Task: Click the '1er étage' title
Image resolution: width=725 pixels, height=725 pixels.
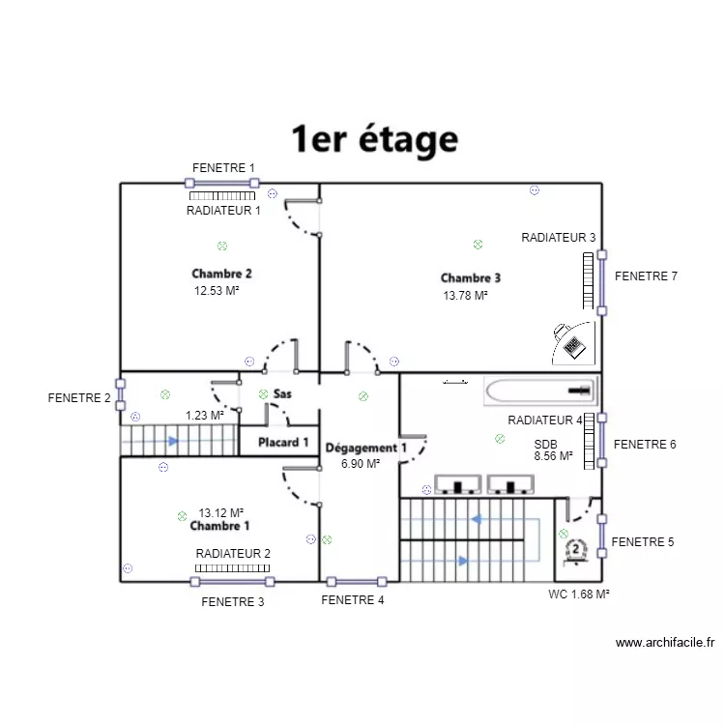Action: [x=374, y=138]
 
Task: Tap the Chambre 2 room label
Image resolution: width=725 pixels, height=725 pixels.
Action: [x=222, y=274]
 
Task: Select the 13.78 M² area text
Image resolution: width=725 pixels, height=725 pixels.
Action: [x=465, y=296]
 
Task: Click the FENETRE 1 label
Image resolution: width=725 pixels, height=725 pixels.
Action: [x=223, y=168]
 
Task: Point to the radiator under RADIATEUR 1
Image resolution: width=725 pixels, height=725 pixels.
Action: [x=222, y=196]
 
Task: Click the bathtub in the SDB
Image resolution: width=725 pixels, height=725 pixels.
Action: [x=540, y=391]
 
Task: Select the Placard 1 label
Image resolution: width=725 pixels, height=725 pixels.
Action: [x=283, y=443]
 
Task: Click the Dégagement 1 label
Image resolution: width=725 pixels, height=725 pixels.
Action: [x=365, y=448]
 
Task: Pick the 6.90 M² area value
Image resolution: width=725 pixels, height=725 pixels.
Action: [x=361, y=464]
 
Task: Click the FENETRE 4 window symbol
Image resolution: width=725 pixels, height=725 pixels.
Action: [x=357, y=582]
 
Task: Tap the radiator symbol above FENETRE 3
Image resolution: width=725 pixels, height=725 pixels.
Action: [x=232, y=568]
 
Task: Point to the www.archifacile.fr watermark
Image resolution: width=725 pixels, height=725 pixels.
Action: [x=665, y=643]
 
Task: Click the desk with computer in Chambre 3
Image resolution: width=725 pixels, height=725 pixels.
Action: [x=573, y=343]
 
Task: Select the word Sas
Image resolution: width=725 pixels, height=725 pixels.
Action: [x=282, y=394]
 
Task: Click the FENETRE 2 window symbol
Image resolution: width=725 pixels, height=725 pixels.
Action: [x=120, y=394]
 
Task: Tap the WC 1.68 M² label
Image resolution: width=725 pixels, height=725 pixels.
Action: [x=579, y=594]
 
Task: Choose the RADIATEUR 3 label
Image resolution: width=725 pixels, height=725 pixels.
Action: [x=559, y=238]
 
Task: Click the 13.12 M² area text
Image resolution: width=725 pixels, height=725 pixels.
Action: [x=221, y=512]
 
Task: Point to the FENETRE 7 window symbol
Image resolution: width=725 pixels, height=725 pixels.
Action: [x=602, y=282]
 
